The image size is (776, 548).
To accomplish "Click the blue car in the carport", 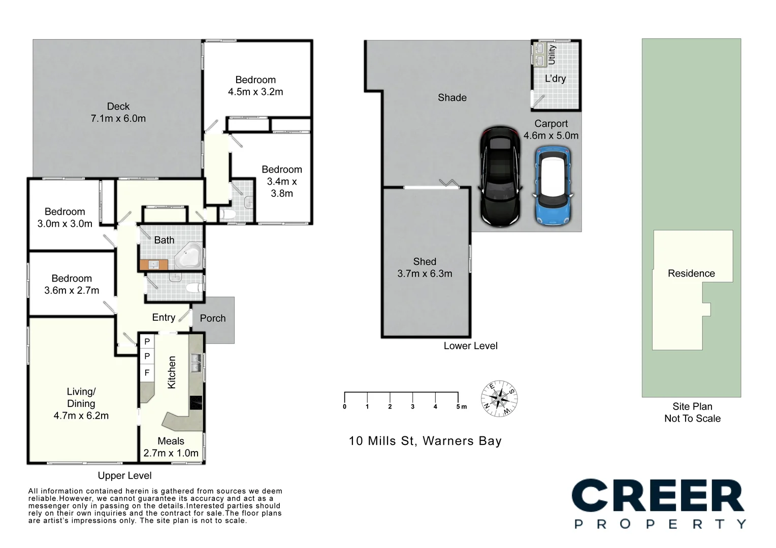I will (x=553, y=186).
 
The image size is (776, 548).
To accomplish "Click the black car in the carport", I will (x=501, y=177).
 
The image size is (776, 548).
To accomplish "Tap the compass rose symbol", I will (x=499, y=398).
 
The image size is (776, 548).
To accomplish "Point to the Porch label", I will (x=212, y=318).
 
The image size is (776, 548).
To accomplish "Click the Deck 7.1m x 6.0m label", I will (x=118, y=112).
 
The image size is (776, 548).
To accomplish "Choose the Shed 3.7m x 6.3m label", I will (x=425, y=267).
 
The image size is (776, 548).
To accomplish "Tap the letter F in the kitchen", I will (x=147, y=373).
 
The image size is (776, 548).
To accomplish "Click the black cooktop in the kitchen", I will (x=196, y=402).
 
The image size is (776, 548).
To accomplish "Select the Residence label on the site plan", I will (x=691, y=273).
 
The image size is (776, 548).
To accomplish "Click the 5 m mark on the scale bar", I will (x=461, y=406).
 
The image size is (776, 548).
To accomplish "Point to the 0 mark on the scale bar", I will (x=345, y=406).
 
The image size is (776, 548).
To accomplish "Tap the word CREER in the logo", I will (x=658, y=497).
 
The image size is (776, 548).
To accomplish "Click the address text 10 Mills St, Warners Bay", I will (x=425, y=441).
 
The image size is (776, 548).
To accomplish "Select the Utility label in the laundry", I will (x=552, y=54).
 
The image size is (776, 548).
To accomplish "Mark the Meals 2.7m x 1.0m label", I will (x=171, y=447).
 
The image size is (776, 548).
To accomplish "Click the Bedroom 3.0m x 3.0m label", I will (x=65, y=218).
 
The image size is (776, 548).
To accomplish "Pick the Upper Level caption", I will (x=124, y=475).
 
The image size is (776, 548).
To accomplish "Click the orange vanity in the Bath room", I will (x=154, y=264).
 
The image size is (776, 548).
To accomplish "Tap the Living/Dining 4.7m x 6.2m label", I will (x=81, y=403).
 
